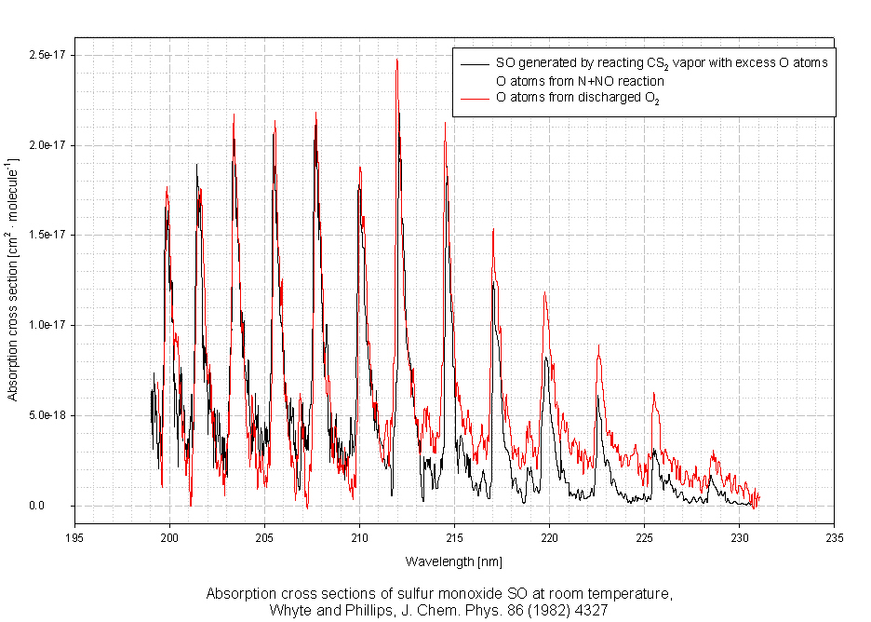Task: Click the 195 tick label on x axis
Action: pos(74,537)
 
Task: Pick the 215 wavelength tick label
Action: pos(454,537)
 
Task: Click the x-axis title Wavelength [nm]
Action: pos(454,561)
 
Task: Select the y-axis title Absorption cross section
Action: pos(13,280)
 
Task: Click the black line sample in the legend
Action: pos(474,63)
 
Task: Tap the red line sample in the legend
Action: pos(474,98)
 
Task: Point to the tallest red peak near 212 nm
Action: pos(397,60)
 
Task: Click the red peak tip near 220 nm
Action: pos(544,293)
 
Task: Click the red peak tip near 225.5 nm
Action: pos(654,393)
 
